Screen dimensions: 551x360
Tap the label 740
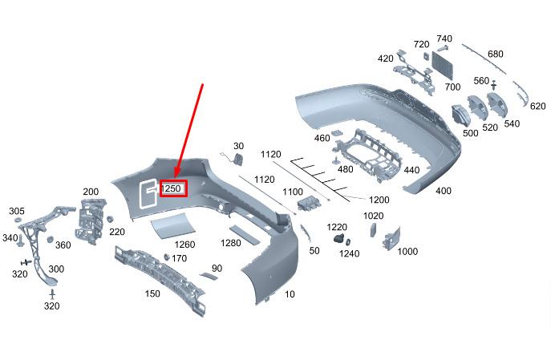444,39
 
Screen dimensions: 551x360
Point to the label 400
442,190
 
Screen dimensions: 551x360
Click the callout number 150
152,293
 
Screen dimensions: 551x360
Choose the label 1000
407,251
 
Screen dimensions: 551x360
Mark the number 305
17,211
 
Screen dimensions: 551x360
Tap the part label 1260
184,245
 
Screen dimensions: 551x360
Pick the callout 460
322,138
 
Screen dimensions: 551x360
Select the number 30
238,146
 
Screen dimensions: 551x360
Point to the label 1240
350,253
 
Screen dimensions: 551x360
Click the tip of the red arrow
174,179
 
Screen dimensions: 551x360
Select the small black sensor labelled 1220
340,240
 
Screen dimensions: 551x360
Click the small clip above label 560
493,84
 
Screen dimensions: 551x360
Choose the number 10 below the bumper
290,294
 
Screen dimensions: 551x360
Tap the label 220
117,232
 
